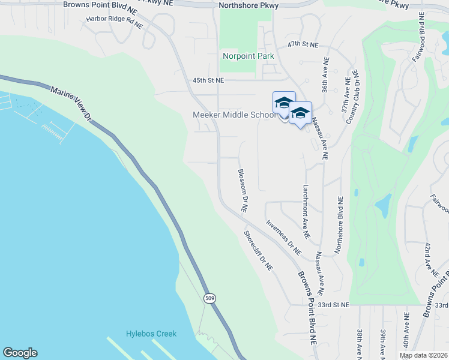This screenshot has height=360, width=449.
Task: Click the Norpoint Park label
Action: pyautogui.click(x=249, y=56)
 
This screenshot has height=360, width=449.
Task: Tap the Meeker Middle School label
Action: pyautogui.click(x=234, y=115)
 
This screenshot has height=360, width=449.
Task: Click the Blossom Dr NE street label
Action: pyautogui.click(x=243, y=190)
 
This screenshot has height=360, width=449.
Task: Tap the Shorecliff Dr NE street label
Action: pyautogui.click(x=259, y=250)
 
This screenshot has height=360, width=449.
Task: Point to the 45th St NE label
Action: pyautogui.click(x=208, y=80)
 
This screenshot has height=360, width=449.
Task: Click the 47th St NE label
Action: pyautogui.click(x=302, y=44)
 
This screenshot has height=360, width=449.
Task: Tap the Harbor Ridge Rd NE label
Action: pyautogui.click(x=115, y=22)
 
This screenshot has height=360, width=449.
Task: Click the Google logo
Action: pyautogui.click(x=20, y=353)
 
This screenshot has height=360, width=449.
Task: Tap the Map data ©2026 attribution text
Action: pyautogui.click(x=423, y=355)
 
